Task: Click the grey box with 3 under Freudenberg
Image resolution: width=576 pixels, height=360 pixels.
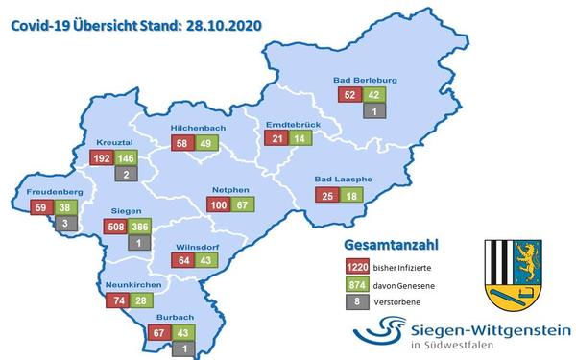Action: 64,223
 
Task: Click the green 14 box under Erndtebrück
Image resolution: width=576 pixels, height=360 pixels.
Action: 300,139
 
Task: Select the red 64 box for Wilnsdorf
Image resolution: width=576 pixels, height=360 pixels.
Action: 183,260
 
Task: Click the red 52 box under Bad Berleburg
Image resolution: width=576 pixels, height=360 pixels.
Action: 348,95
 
